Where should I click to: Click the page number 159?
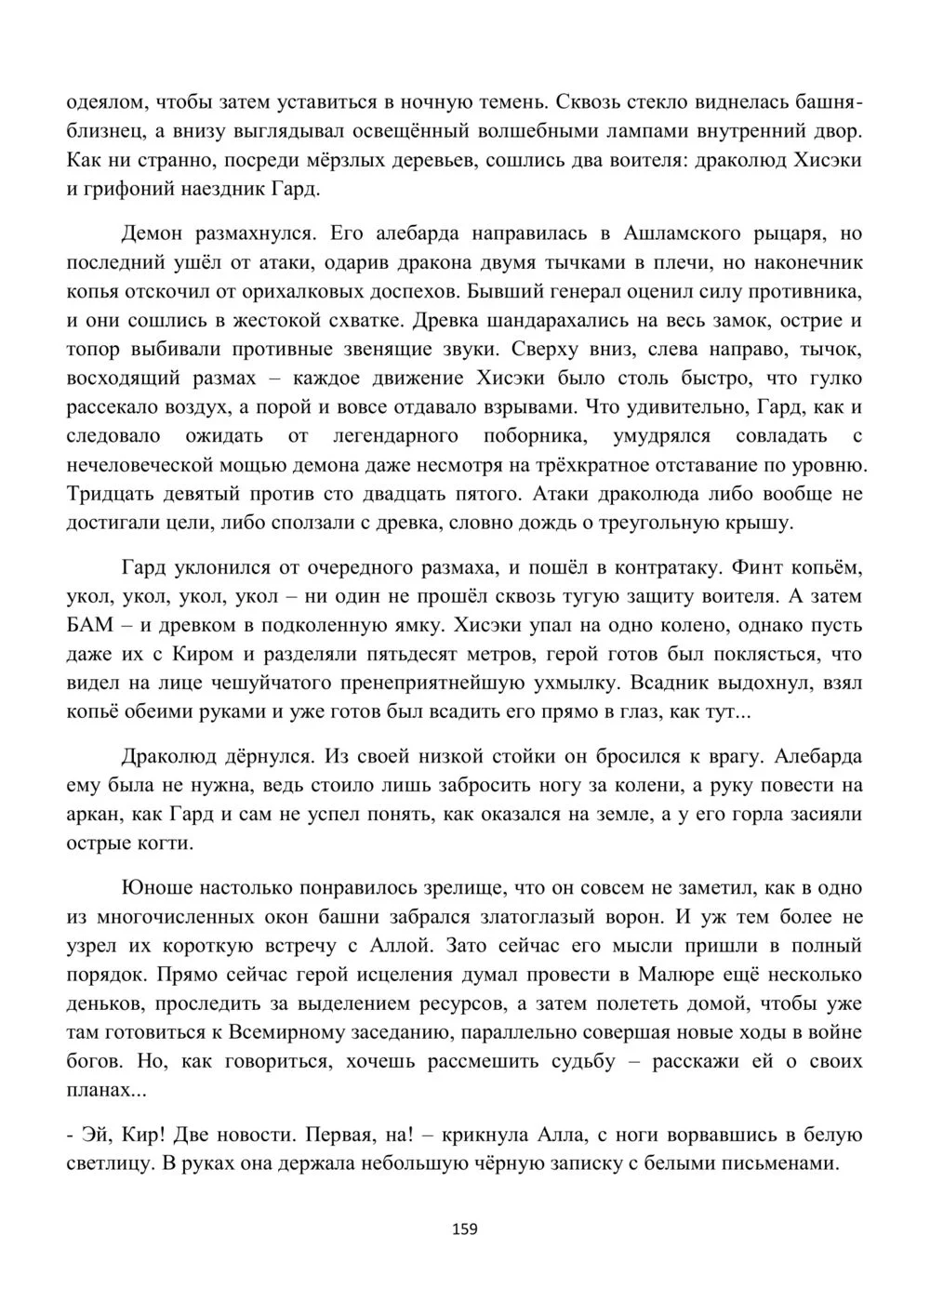(464, 1229)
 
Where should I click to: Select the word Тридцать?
(107, 493)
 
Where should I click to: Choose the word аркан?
(94, 814)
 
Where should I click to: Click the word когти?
(165, 843)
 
